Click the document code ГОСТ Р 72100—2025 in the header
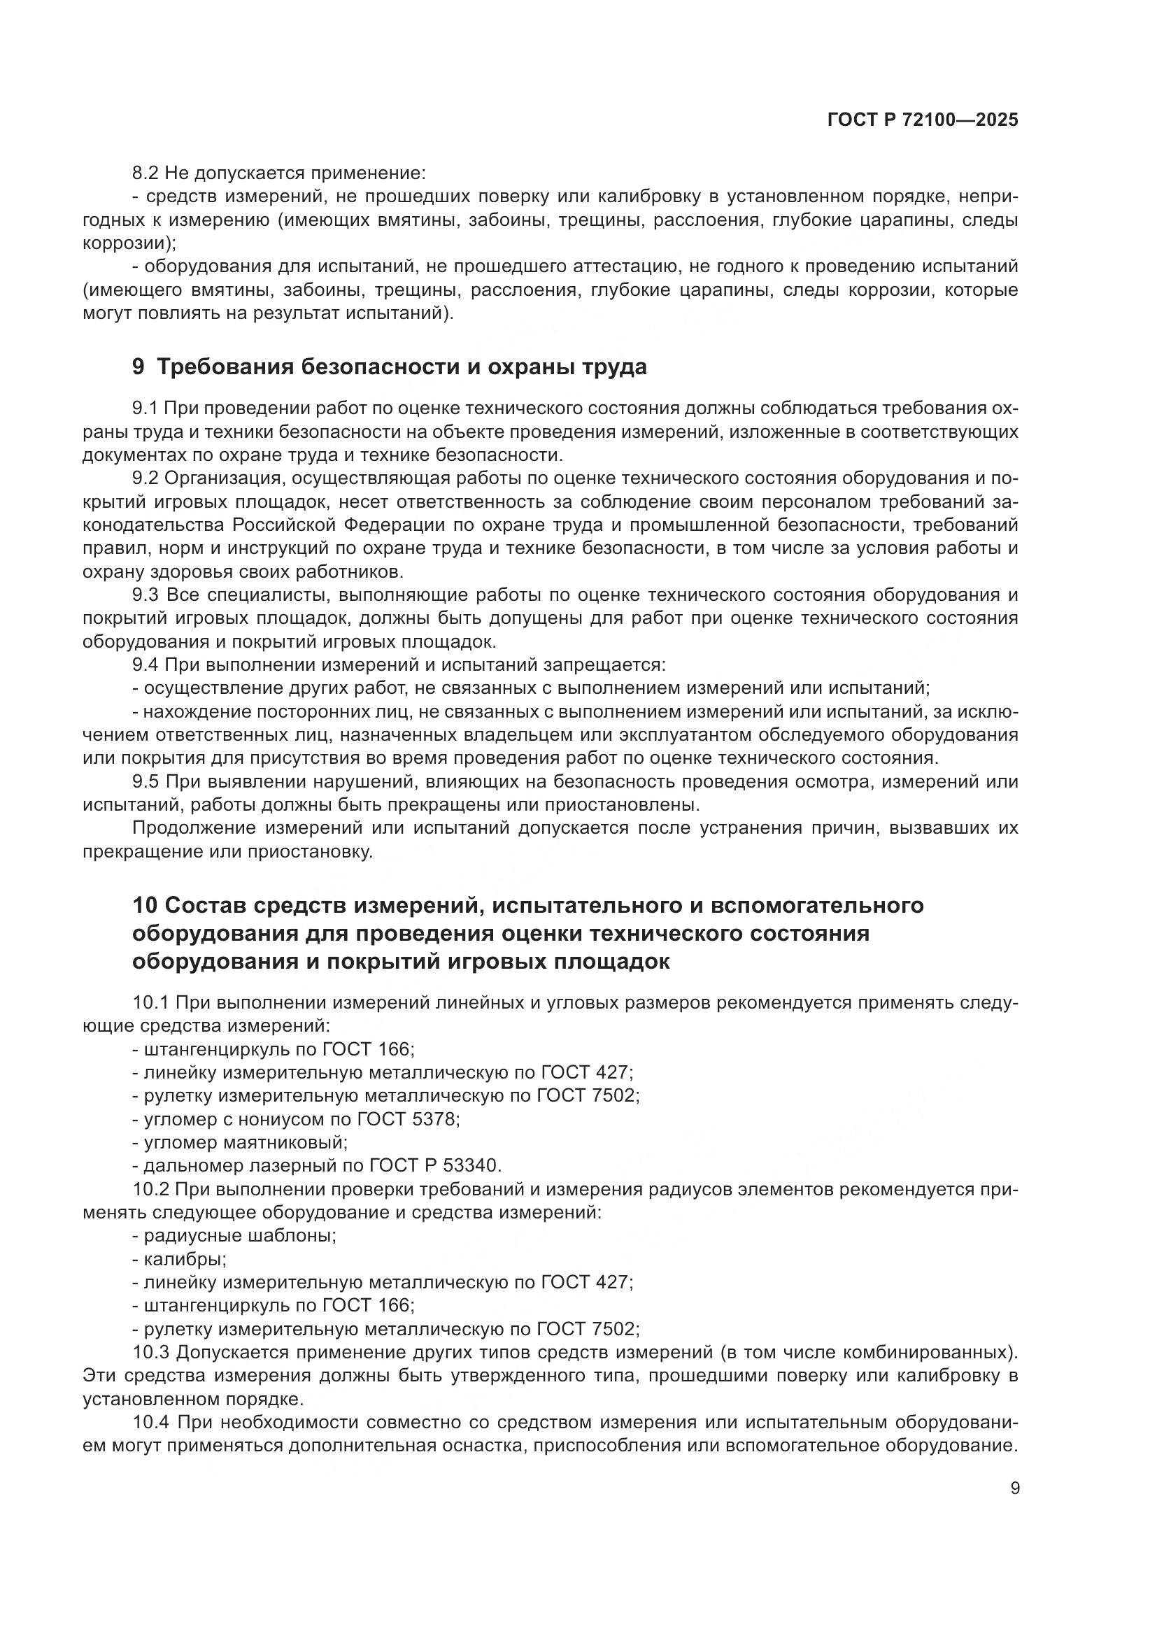click(923, 120)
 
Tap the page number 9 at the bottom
click(1015, 1488)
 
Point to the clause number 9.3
click(146, 595)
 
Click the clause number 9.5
click(146, 782)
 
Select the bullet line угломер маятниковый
click(240, 1142)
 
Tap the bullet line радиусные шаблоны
click(235, 1235)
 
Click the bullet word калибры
click(184, 1258)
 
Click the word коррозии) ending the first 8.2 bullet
click(128, 243)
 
